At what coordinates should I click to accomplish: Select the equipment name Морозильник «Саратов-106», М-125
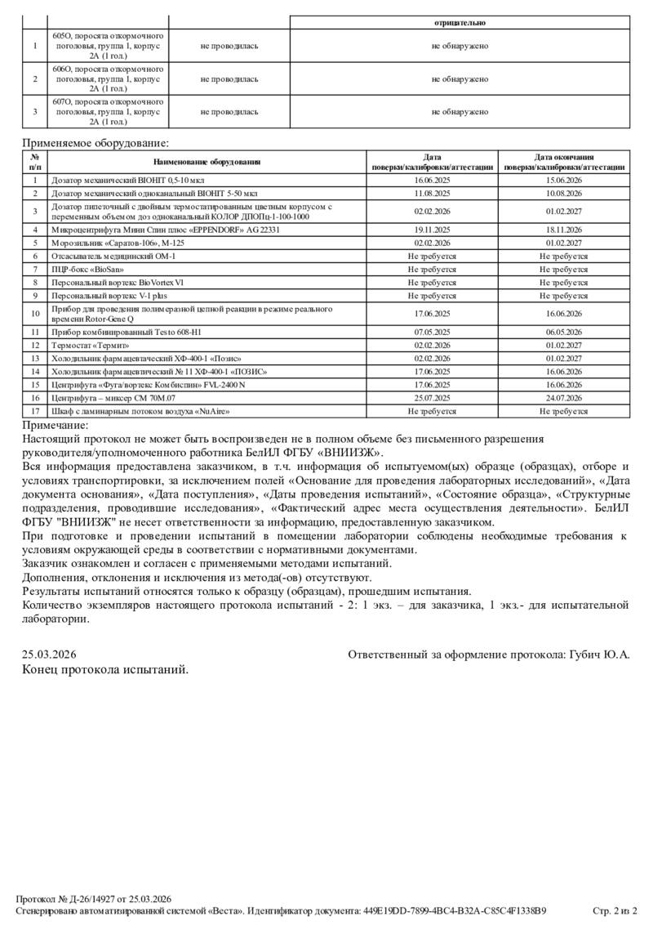point(111,243)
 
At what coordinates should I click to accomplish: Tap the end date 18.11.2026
point(563,230)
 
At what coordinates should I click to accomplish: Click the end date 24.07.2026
point(563,398)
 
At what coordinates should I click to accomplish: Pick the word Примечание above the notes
point(55,425)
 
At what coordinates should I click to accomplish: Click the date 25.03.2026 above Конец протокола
point(49,655)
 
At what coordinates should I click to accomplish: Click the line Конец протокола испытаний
point(104,669)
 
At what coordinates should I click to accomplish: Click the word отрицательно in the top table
point(460,23)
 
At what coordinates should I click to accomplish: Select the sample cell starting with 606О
point(108,79)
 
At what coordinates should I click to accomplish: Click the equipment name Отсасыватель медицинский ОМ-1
point(113,256)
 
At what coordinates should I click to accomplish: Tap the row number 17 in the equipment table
point(35,411)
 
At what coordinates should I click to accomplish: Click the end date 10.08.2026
point(563,193)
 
